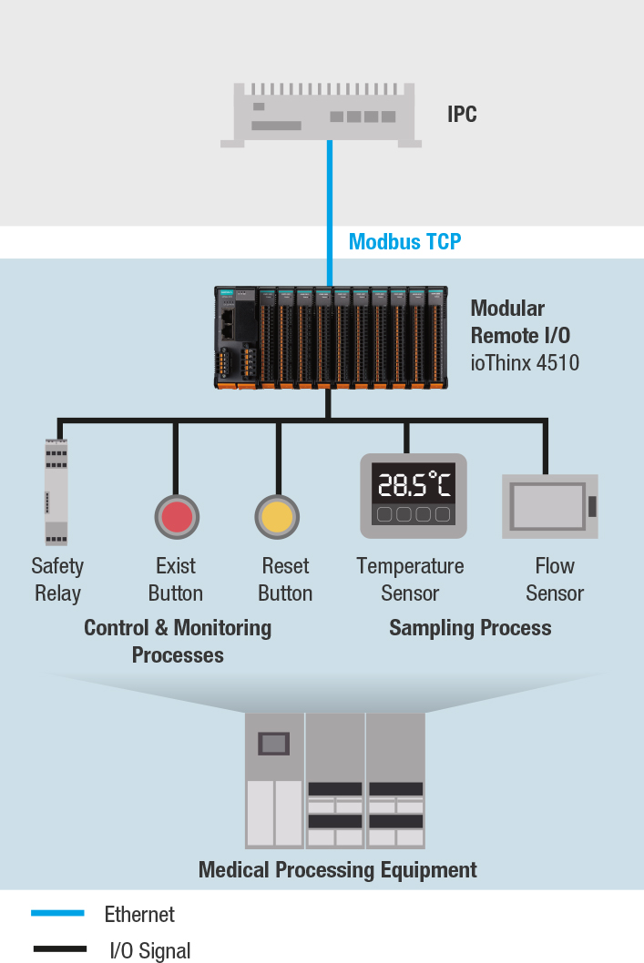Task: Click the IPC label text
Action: (462, 115)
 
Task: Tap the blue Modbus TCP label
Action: (404, 241)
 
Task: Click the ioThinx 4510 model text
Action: (525, 363)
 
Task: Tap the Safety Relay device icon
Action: (56, 492)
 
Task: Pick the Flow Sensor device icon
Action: (549, 506)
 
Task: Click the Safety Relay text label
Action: (57, 580)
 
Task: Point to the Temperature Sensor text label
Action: (410, 580)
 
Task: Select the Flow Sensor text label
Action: (554, 580)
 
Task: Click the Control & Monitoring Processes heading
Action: (178, 641)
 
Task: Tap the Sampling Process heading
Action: (470, 628)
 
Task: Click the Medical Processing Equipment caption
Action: (338, 869)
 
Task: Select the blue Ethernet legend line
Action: (57, 913)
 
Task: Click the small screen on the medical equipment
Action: (273, 744)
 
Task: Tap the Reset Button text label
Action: (285, 580)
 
